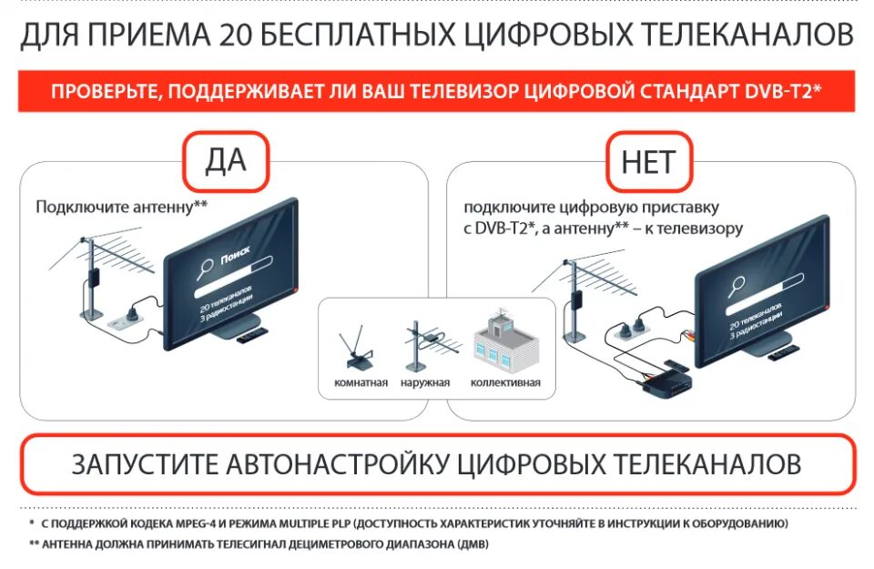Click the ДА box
[226, 160]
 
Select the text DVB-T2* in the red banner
[782, 92]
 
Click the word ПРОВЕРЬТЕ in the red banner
[98, 92]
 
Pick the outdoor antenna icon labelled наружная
[424, 345]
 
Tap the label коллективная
[505, 382]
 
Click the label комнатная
[361, 382]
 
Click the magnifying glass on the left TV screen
[205, 266]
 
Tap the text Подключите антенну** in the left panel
[122, 206]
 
